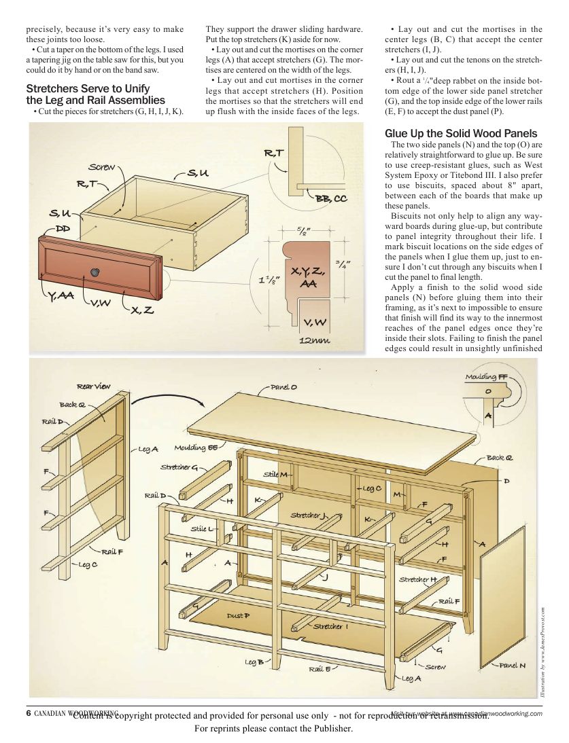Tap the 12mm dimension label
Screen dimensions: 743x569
(315, 340)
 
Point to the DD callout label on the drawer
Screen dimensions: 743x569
(63, 229)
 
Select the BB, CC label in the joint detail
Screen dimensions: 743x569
(331, 198)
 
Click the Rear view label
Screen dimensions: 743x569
(93, 386)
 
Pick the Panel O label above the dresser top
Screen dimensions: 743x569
(283, 387)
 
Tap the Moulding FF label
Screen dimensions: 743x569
(486, 376)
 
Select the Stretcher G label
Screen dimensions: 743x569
(179, 467)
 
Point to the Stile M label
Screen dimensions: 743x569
(276, 473)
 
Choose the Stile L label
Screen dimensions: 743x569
(202, 528)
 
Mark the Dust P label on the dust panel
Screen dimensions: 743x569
(238, 615)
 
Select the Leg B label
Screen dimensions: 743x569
(254, 662)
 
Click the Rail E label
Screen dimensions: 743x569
(320, 669)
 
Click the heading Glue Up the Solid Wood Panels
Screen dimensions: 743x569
(461, 133)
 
